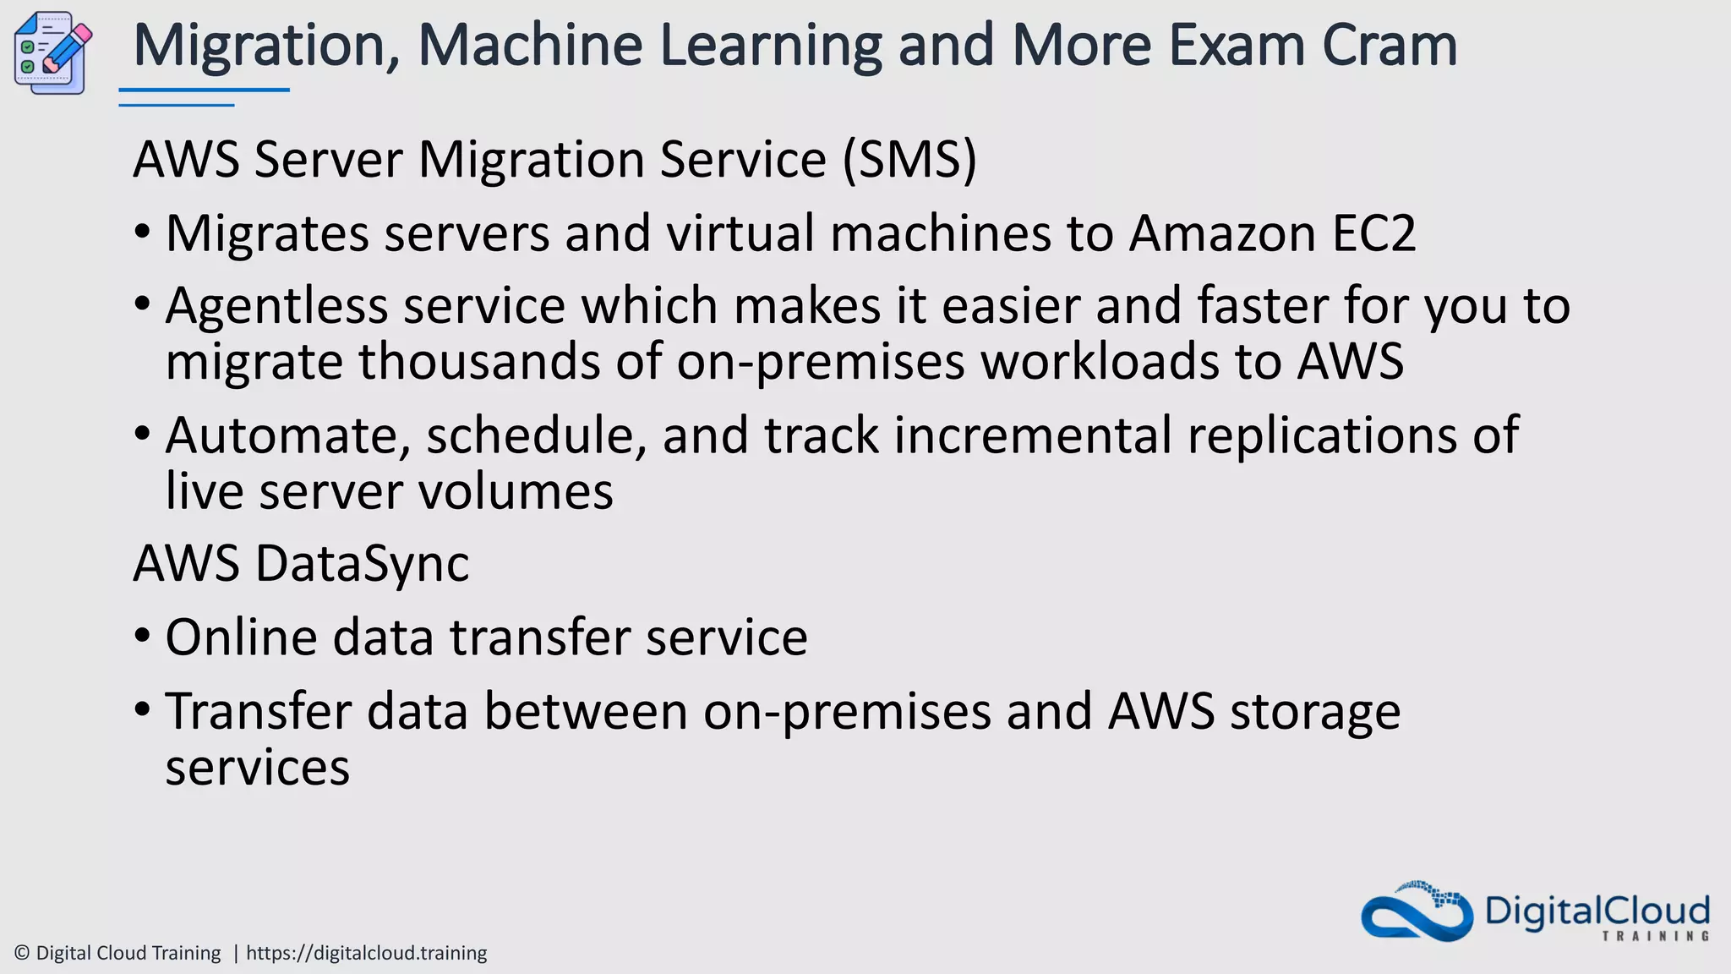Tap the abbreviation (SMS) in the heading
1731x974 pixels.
909,159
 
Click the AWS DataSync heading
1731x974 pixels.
301,563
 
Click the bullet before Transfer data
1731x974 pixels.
142,708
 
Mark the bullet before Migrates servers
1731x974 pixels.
142,230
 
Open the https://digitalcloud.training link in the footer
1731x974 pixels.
366,953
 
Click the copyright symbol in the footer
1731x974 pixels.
23,953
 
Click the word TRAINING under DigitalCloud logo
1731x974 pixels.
1655,936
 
